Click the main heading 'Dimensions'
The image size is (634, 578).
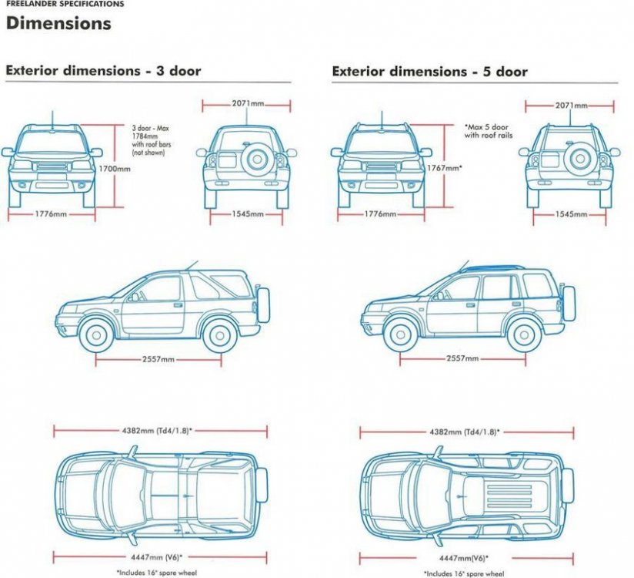pos(58,23)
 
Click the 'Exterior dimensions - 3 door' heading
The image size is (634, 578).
pos(103,71)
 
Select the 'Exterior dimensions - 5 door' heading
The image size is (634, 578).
pos(429,72)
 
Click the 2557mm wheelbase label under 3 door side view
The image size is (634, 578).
pos(158,358)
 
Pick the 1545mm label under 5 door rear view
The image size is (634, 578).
pos(570,213)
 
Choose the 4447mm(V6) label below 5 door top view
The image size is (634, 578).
pos(465,556)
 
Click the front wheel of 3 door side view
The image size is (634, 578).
pos(97,334)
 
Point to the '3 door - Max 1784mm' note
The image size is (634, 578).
pos(149,139)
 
